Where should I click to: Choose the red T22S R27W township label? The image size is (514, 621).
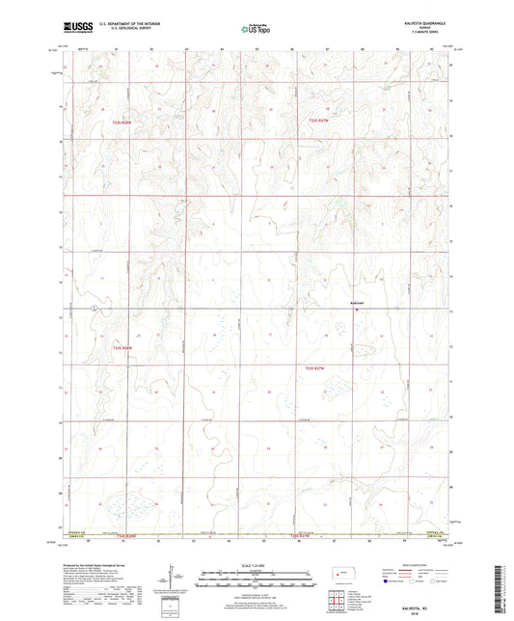click(x=318, y=121)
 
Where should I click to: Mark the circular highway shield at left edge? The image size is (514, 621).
click(x=95, y=308)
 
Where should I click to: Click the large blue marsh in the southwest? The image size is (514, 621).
click(x=121, y=502)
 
